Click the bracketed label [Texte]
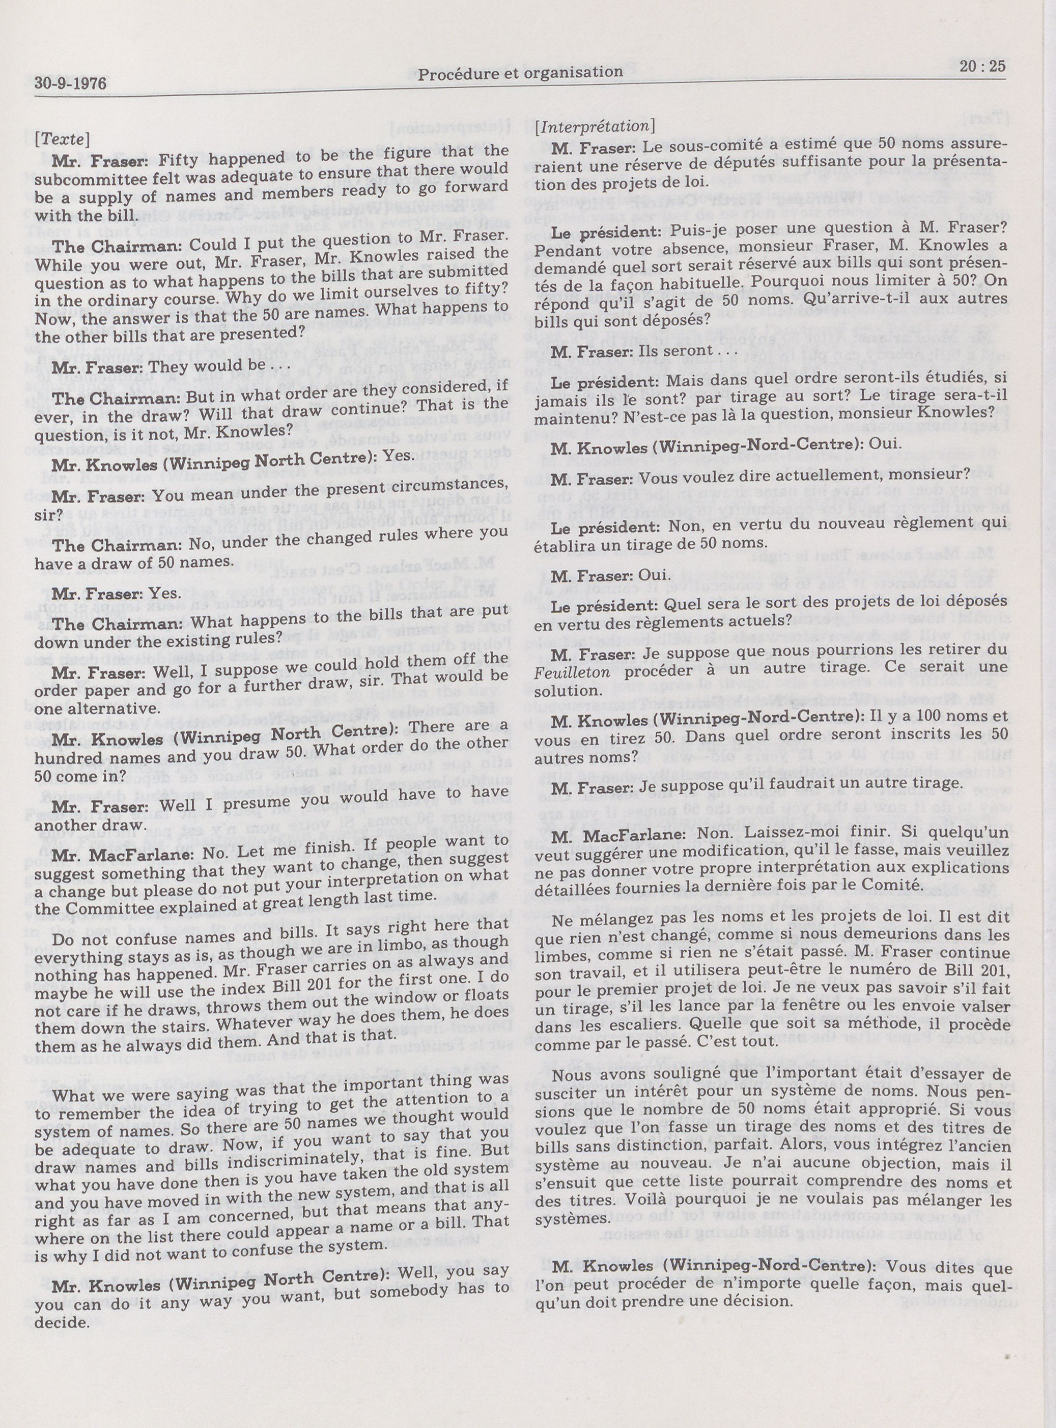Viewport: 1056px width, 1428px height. point(62,138)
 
